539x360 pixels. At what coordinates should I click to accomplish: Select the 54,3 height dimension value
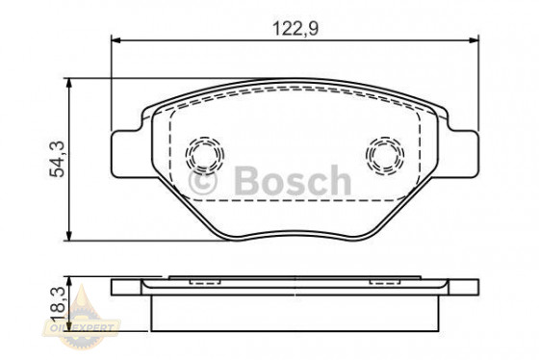click(x=58, y=159)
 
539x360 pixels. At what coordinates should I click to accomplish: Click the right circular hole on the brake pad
click(x=387, y=153)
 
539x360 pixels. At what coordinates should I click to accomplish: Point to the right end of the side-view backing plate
click(x=474, y=286)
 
